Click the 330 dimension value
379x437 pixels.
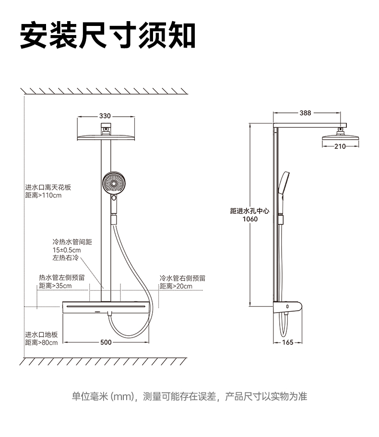(105, 116)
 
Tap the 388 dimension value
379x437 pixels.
(305, 113)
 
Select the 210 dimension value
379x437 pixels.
(340, 146)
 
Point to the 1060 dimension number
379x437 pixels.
(250, 219)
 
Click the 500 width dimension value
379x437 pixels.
(106, 342)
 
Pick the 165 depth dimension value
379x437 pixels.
(287, 342)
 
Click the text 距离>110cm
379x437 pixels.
(43, 195)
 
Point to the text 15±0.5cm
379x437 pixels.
(67, 250)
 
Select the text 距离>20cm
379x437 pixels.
(176, 287)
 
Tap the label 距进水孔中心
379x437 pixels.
(249, 210)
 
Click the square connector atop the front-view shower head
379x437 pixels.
(106, 128)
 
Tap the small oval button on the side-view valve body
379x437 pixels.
(287, 306)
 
